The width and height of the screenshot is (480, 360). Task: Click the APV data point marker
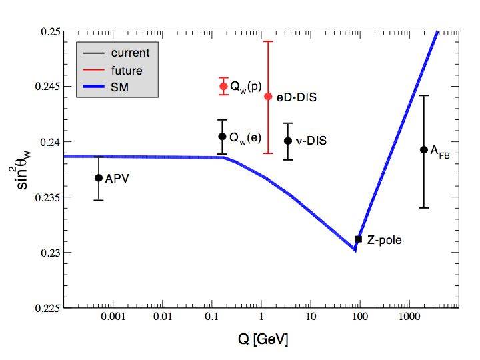[99, 178]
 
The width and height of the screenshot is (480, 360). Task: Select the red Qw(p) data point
[223, 87]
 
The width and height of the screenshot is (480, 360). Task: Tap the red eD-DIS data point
[268, 96]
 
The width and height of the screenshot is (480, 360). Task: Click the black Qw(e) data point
[222, 137]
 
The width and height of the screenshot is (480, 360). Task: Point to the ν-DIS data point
[288, 141]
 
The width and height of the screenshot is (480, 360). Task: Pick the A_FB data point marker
[423, 149]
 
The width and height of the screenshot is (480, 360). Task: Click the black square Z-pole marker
[359, 239]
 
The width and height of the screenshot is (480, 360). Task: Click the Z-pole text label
[385, 239]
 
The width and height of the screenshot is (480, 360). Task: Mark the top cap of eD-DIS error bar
[268, 41]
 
